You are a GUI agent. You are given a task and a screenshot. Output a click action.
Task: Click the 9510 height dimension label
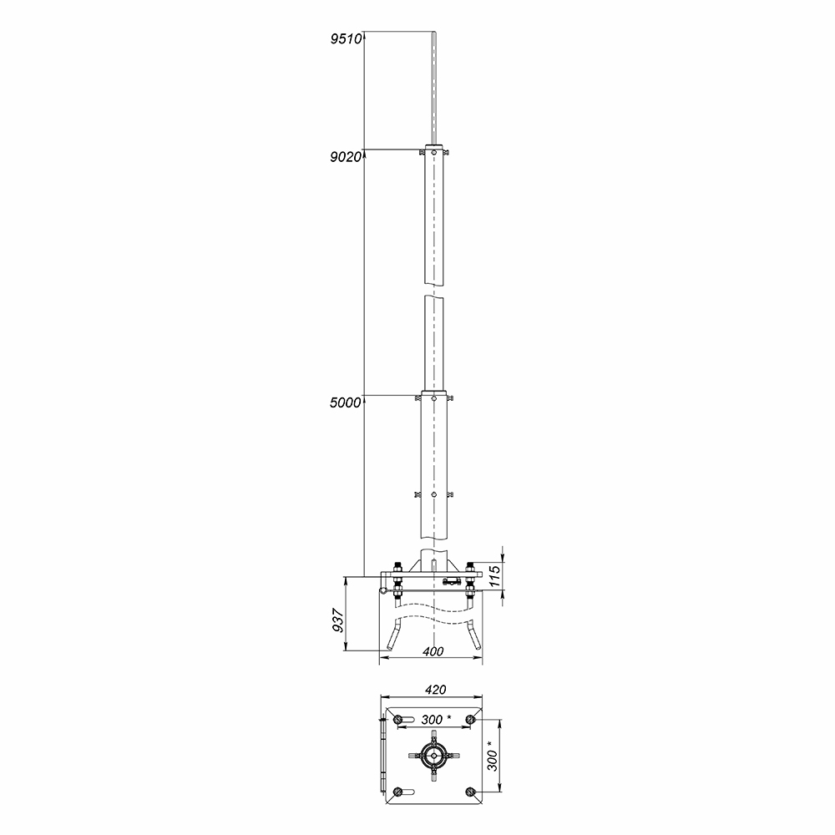point(347,39)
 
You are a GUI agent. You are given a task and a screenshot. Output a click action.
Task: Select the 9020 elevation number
point(347,157)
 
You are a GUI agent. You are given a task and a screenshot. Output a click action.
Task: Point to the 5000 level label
point(346,402)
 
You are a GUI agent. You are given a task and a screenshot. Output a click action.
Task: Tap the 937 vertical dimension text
point(338,620)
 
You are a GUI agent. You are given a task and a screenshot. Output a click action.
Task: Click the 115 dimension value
point(494,577)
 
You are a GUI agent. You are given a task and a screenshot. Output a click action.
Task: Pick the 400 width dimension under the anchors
point(433,651)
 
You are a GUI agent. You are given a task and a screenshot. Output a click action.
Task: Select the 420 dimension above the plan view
point(435,690)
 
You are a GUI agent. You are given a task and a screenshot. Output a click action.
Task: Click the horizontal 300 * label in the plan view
point(436,720)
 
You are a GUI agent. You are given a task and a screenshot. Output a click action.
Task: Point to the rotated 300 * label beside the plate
point(493,756)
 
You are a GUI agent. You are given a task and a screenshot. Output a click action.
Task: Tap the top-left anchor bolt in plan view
point(397,720)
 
